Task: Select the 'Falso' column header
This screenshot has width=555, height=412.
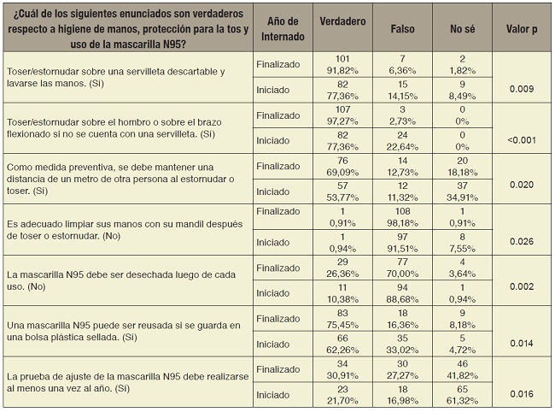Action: pos(402,28)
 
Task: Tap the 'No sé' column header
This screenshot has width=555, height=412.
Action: pos(462,28)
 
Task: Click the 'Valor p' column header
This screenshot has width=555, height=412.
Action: pos(520,28)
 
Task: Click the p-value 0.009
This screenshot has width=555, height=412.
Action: pos(520,87)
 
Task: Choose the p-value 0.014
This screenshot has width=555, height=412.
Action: pos(520,342)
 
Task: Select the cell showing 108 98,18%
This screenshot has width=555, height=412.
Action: pos(402,216)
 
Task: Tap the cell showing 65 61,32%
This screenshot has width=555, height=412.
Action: pos(462,394)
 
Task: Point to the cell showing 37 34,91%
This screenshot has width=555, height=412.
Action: pos(462,191)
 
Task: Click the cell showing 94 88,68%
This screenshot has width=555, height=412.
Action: pos(402,292)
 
